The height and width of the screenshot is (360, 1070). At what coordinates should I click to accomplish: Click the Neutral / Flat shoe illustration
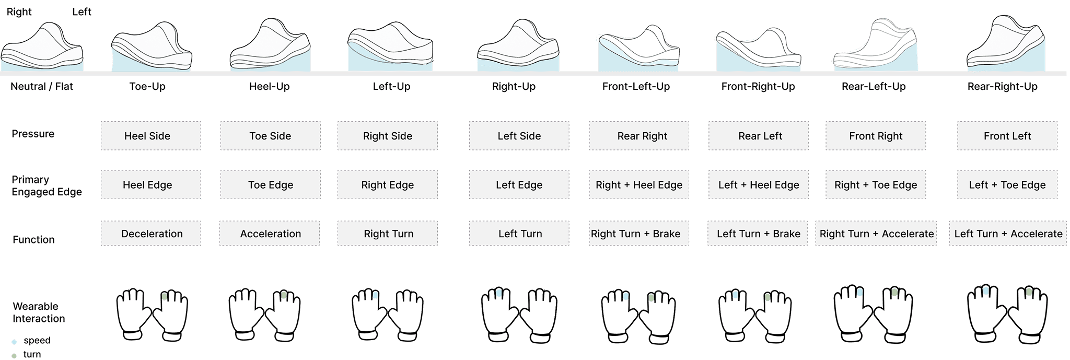tap(42, 47)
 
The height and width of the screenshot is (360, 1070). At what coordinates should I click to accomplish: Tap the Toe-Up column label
tap(147, 87)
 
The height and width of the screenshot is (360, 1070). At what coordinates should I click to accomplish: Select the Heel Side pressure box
tap(150, 136)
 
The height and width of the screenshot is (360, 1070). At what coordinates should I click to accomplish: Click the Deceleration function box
tap(151, 234)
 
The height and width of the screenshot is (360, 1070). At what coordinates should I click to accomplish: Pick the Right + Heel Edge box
tap(639, 185)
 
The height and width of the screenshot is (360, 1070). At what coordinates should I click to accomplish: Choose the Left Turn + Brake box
tap(758, 234)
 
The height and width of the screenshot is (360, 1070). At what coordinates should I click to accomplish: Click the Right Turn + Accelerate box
tap(876, 234)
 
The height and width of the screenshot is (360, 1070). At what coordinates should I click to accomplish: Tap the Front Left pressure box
tap(1007, 136)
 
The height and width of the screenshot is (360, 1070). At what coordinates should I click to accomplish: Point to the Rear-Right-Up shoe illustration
tap(1005, 46)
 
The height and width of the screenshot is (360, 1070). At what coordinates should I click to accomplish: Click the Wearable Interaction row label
tap(39, 312)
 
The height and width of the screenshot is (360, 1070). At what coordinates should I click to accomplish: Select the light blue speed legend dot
tap(14, 342)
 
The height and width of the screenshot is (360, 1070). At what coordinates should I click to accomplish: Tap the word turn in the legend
tap(32, 354)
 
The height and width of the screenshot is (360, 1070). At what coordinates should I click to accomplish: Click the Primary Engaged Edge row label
tap(46, 185)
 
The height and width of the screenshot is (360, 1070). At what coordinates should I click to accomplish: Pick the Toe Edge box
tap(270, 185)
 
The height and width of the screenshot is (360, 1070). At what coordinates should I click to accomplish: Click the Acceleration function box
tap(270, 234)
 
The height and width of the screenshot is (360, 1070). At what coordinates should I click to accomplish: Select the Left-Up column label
tap(391, 87)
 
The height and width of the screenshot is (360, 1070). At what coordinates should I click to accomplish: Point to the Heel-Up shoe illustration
tap(270, 46)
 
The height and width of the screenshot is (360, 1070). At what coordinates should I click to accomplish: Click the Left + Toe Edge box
tap(1007, 185)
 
